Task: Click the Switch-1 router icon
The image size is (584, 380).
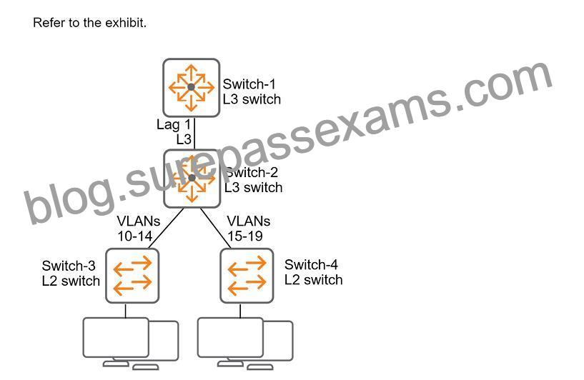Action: click(x=191, y=88)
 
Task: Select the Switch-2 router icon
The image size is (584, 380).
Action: click(x=192, y=179)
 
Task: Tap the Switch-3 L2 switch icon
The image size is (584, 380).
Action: click(x=132, y=276)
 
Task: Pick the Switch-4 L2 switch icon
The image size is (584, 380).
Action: click(x=247, y=276)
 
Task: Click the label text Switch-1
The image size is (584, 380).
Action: click(x=249, y=84)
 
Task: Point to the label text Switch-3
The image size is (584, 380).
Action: click(x=69, y=266)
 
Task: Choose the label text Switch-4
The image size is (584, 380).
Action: click(x=311, y=264)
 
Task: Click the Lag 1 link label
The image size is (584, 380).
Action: click(x=174, y=124)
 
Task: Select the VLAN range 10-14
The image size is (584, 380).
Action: click(x=135, y=236)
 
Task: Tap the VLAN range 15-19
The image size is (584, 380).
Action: click(x=245, y=236)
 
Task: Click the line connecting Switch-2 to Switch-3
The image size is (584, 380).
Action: click(x=165, y=228)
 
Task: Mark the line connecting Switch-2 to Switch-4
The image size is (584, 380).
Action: click(x=216, y=228)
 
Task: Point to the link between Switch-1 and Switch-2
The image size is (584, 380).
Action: click(x=194, y=134)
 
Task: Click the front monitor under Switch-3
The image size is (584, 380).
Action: click(x=116, y=338)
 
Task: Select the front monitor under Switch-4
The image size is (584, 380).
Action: click(x=230, y=338)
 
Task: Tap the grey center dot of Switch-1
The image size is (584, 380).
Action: click(x=191, y=87)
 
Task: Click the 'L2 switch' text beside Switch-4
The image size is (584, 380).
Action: click(x=314, y=280)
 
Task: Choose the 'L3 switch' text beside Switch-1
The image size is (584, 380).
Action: click(x=252, y=99)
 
